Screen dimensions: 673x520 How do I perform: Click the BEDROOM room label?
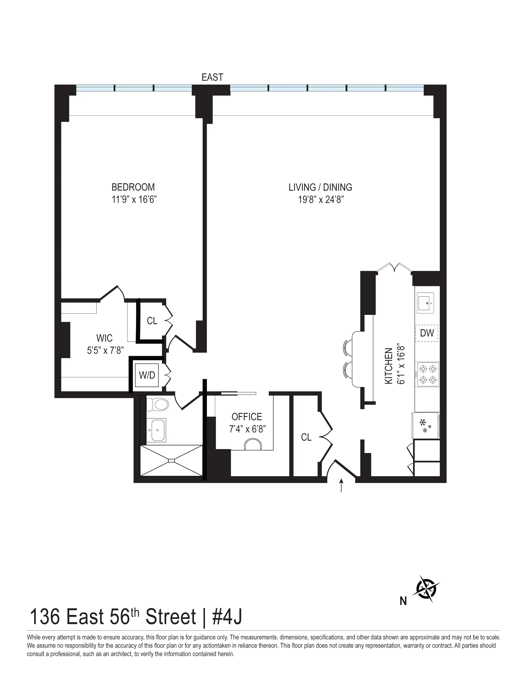pyautogui.click(x=133, y=187)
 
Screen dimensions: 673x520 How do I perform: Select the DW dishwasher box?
pyautogui.click(x=427, y=333)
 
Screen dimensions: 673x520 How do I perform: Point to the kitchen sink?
pyautogui.click(x=425, y=302)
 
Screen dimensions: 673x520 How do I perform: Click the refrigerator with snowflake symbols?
pyautogui.click(x=425, y=426)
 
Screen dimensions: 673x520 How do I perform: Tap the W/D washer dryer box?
pyautogui.click(x=147, y=375)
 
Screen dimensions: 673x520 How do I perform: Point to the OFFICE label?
pyautogui.click(x=247, y=417)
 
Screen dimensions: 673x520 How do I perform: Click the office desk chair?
pyautogui.click(x=253, y=445)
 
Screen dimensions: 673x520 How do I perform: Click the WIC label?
pyautogui.click(x=104, y=338)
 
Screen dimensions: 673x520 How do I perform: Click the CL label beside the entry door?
pyautogui.click(x=306, y=437)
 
